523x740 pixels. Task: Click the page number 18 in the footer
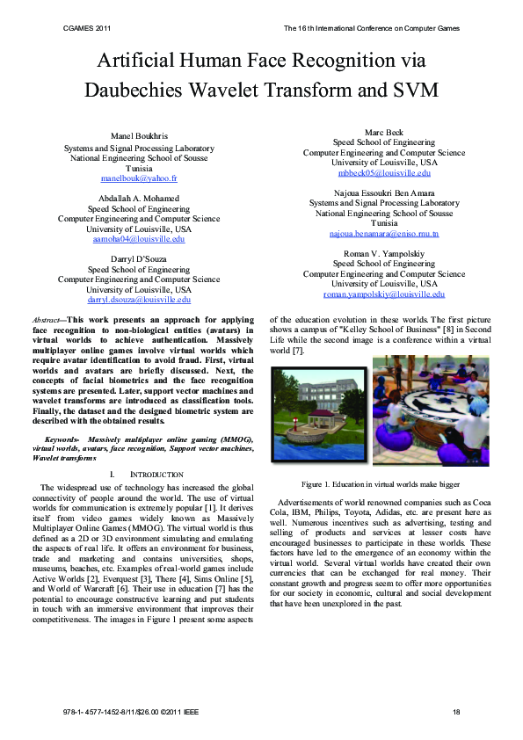(456, 711)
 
